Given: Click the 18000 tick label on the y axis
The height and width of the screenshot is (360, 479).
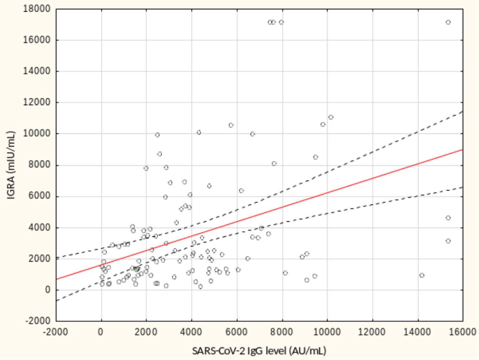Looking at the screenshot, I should [x=37, y=9].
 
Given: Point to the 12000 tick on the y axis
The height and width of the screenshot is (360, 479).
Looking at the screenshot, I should [x=37, y=102].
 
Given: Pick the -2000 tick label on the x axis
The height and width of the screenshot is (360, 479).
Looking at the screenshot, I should [x=56, y=332].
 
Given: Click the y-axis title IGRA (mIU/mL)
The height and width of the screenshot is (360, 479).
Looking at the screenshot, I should [x=11, y=165].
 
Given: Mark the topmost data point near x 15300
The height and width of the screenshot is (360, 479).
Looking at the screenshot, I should [x=448, y=22].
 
